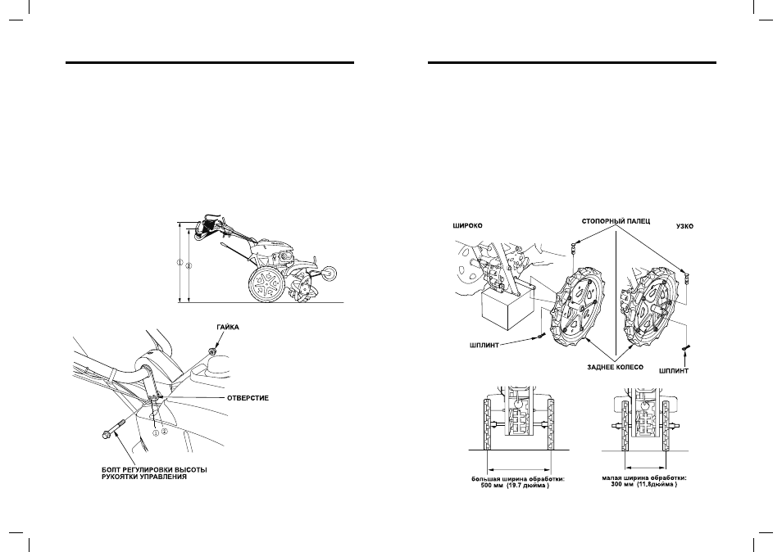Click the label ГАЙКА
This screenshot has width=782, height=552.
227,328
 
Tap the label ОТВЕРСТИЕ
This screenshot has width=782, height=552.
248,398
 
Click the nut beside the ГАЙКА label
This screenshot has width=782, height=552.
213,351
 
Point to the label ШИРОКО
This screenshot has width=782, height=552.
467,226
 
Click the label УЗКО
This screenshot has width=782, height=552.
684,226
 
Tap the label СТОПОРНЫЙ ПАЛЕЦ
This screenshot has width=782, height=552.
616,221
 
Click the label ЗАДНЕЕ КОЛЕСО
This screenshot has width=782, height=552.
615,367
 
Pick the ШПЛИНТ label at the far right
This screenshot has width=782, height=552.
673,371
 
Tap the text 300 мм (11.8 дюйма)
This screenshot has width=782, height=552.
643,484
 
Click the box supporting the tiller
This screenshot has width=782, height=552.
507,310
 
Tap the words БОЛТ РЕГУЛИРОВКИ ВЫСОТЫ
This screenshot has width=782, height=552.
154,470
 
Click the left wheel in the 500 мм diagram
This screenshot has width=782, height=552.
487,425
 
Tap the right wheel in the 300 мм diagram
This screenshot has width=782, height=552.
666,427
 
